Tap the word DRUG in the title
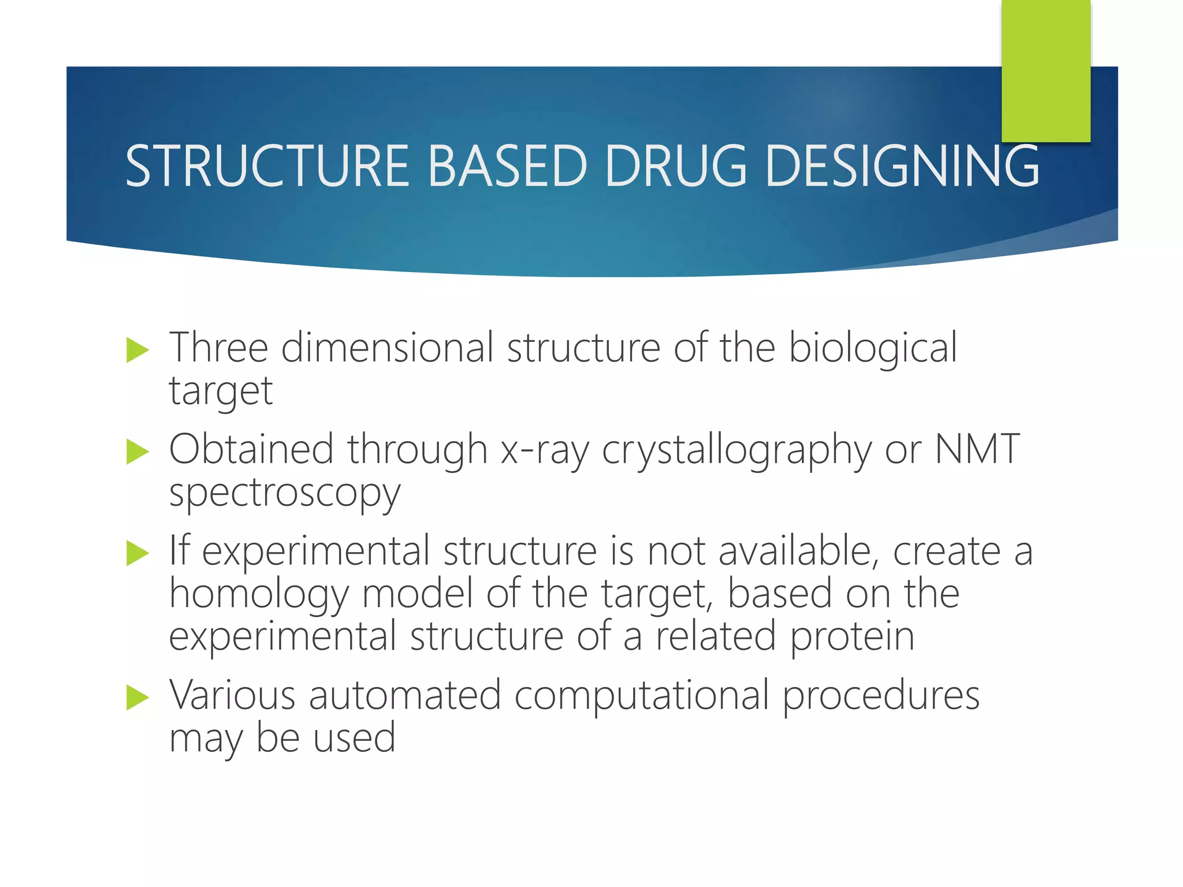click(676, 166)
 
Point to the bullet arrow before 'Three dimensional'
click(137, 351)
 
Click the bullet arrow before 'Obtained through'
click(137, 452)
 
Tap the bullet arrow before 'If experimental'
click(137, 553)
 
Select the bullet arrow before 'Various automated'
click(137, 698)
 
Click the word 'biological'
click(873, 349)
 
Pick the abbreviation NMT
click(977, 449)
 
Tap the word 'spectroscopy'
click(284, 494)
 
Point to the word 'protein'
click(852, 638)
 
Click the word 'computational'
click(641, 696)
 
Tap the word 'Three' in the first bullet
click(218, 349)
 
